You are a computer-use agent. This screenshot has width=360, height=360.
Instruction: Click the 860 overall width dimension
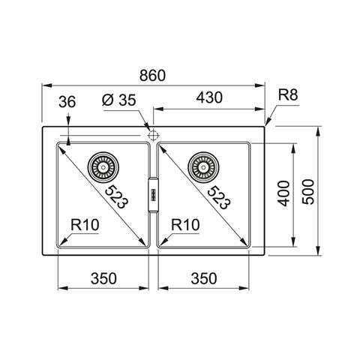tap(152, 75)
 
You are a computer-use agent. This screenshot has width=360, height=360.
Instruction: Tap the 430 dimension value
tap(209, 97)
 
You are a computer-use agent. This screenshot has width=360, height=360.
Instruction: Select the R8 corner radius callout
tap(288, 95)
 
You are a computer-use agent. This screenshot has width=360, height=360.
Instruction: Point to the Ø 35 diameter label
tap(119, 100)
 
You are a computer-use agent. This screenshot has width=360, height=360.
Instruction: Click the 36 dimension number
tap(67, 102)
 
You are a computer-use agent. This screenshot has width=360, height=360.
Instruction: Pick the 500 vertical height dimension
tap(307, 192)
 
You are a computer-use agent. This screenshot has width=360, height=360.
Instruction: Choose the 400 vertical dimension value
tap(284, 193)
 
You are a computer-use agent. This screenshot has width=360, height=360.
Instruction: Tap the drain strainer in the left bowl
tap(103, 167)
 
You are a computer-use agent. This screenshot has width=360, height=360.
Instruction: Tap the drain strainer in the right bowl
tap(203, 167)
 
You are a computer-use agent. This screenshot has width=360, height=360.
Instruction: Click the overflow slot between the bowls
tap(153, 195)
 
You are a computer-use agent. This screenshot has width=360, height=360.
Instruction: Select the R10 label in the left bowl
tap(85, 225)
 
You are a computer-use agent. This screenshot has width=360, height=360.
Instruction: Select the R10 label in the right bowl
tap(185, 225)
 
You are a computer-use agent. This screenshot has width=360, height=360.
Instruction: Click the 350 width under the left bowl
tap(103, 278)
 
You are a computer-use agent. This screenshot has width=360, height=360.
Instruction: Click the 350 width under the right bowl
tap(204, 278)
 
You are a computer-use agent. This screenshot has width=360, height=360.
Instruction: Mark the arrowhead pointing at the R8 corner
tap(268, 121)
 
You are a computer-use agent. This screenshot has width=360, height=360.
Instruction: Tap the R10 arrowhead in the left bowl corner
tap(63, 241)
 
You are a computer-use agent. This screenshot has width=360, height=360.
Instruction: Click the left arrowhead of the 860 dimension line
tap(46, 85)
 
